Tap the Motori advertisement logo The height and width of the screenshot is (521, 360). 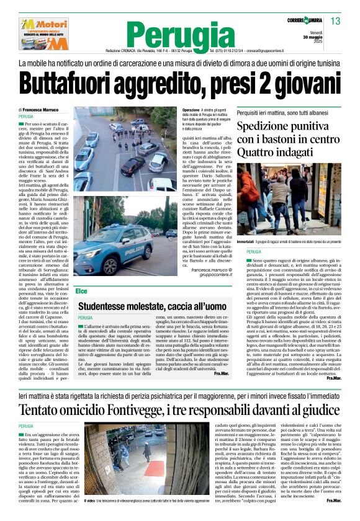tap(43, 33)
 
